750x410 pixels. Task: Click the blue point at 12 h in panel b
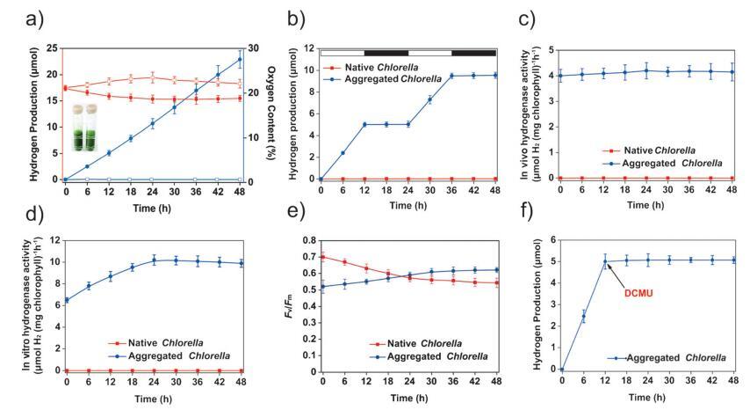tap(364, 124)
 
